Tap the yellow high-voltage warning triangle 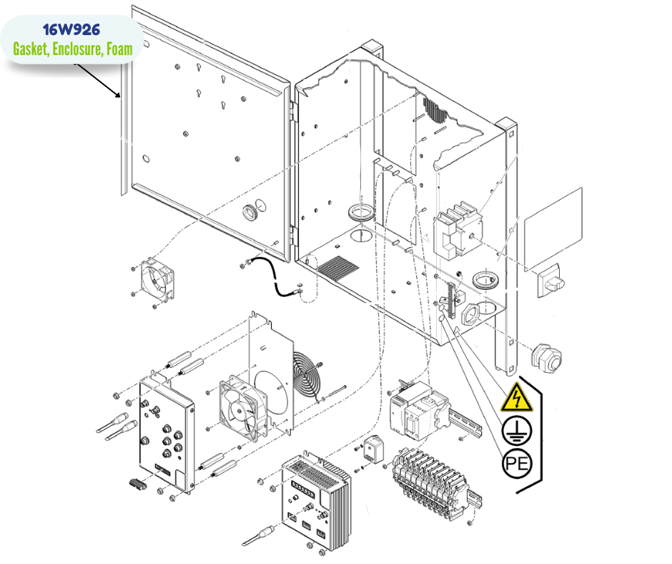[x=516, y=398]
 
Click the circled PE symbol [x=516, y=465]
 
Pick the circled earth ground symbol [x=515, y=430]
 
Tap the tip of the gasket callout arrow [x=119, y=97]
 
